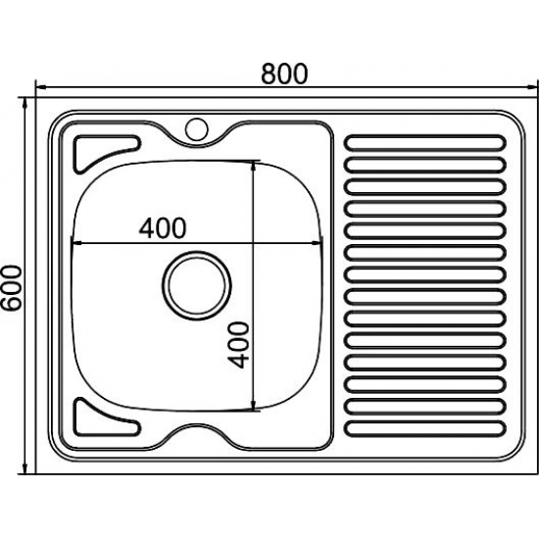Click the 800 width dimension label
[284, 73]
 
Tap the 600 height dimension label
[12, 288]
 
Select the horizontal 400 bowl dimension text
[163, 228]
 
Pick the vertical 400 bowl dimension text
[238, 345]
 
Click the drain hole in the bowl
[197, 285]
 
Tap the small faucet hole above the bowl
[197, 129]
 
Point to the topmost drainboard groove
[425, 143]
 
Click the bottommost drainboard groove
[425, 428]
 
